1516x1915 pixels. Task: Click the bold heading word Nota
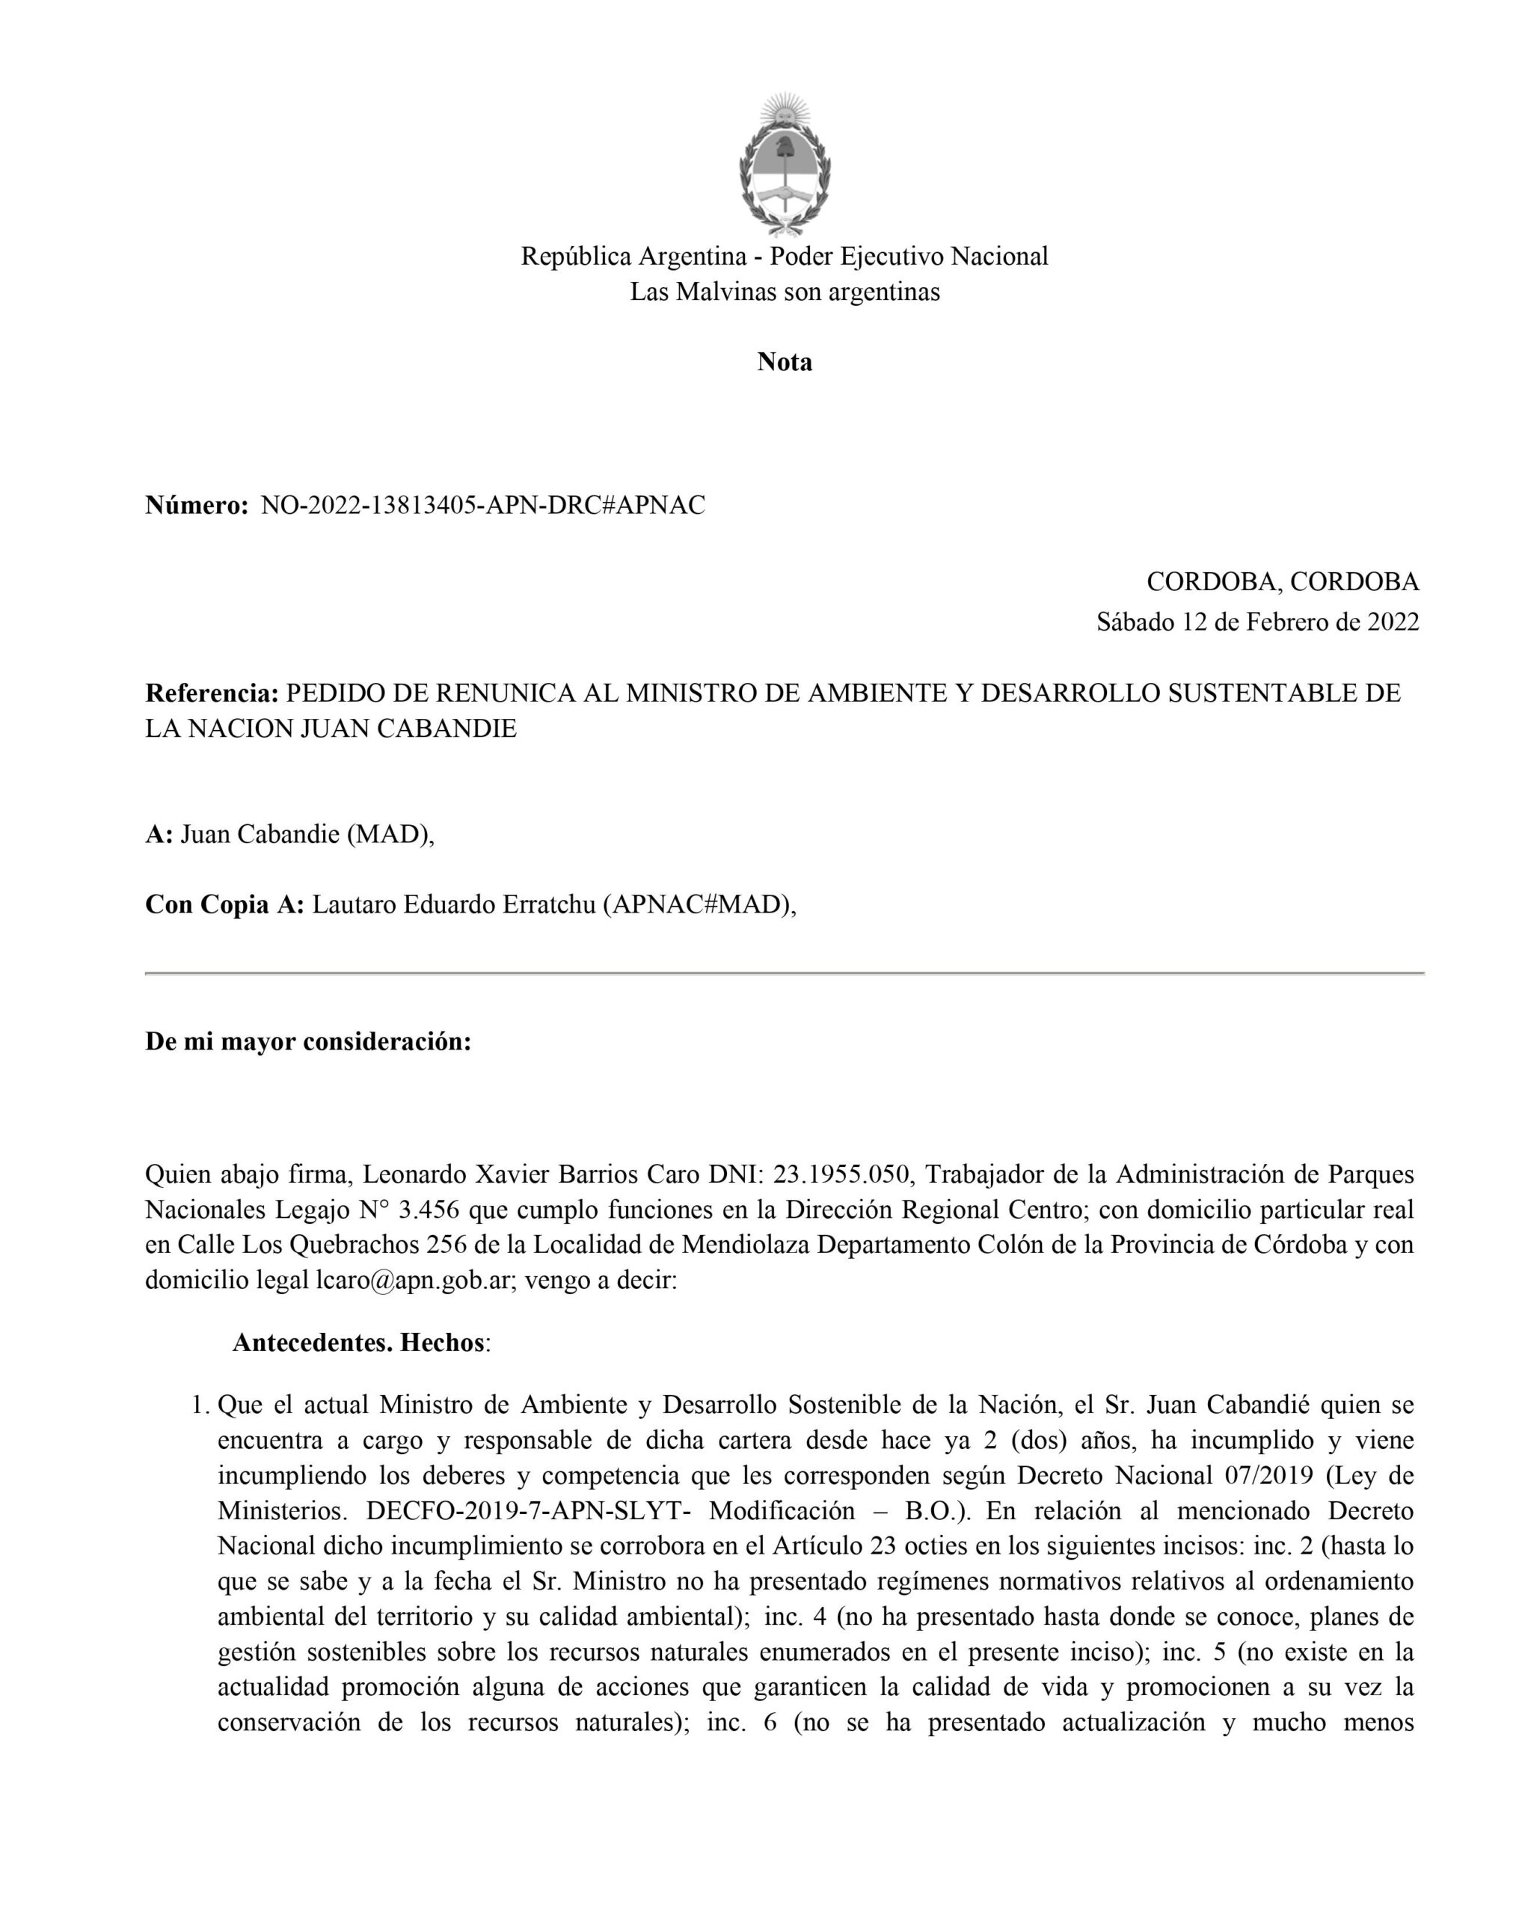pyautogui.click(x=785, y=362)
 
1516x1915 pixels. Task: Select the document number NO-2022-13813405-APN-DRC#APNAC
pyautogui.click(x=483, y=506)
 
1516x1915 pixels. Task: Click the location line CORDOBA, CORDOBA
pyautogui.click(x=1283, y=583)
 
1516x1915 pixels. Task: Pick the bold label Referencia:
pyautogui.click(x=212, y=693)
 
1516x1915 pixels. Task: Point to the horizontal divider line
pyautogui.click(x=785, y=974)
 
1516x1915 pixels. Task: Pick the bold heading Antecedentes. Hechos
pyautogui.click(x=358, y=1343)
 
